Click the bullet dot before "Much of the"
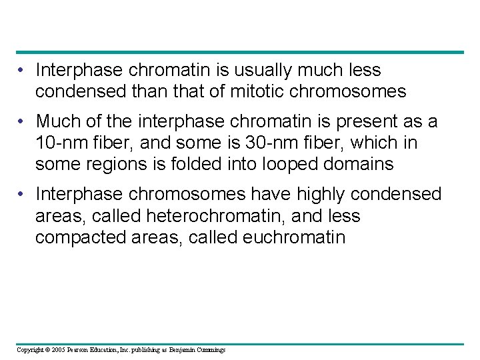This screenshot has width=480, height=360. tap(23, 122)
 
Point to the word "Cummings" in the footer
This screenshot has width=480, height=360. tap(210, 350)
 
